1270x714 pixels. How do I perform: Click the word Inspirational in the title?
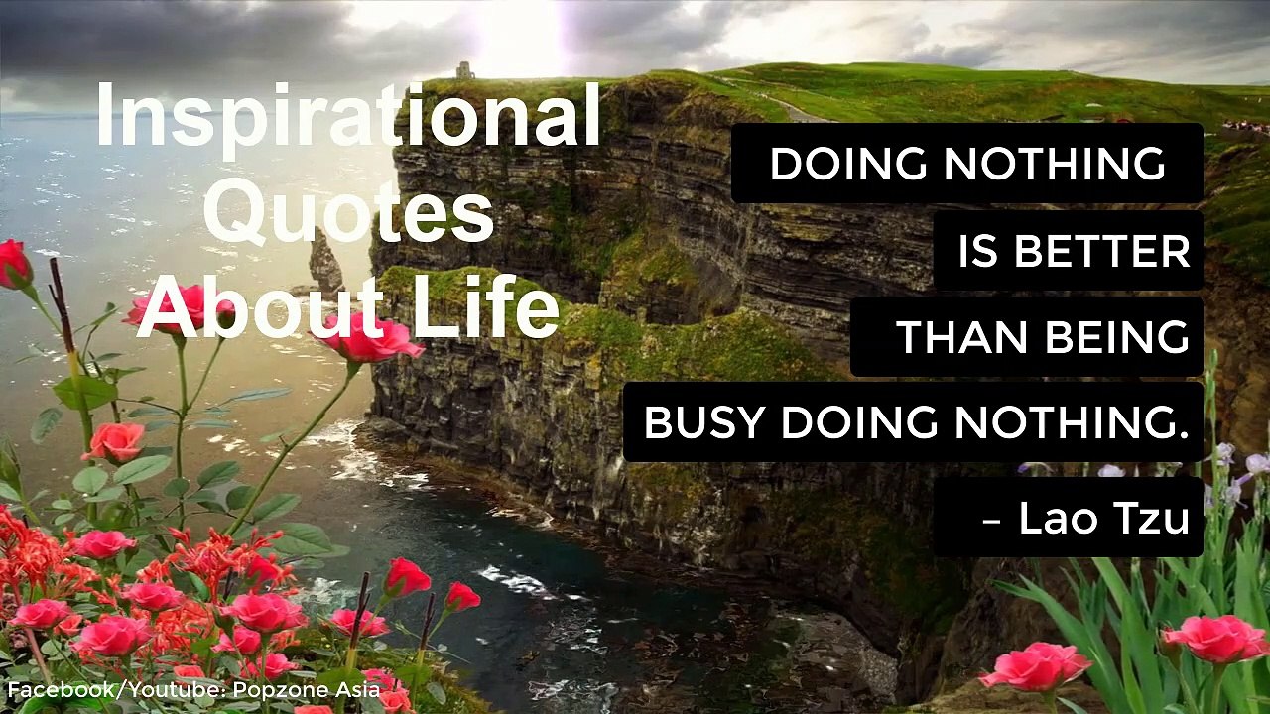(x=348, y=117)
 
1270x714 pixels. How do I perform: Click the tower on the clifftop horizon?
(x=464, y=69)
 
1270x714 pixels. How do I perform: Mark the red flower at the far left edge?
(x=13, y=263)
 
